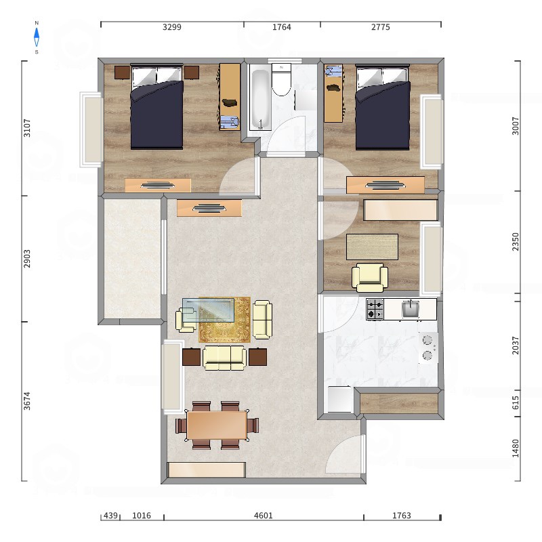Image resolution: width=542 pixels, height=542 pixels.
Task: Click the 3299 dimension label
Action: point(172,27)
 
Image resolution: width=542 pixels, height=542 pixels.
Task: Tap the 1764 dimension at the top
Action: point(282,27)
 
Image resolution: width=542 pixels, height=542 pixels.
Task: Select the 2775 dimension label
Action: point(381,27)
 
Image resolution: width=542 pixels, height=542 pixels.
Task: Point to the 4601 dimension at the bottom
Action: point(264,516)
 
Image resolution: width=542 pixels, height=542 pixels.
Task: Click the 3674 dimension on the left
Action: point(27,401)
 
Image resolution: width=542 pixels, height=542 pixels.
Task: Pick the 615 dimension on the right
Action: point(516,402)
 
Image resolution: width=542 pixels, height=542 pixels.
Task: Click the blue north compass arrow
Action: point(37,37)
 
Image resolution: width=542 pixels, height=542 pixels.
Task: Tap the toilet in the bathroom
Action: point(281,79)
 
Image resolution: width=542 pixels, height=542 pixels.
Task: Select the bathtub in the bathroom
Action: point(260,100)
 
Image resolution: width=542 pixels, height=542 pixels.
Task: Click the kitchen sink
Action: point(411,309)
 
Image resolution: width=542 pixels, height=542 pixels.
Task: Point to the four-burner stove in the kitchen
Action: point(375,309)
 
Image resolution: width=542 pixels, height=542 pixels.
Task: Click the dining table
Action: point(217,425)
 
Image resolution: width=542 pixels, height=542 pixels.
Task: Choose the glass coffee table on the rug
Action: point(208,310)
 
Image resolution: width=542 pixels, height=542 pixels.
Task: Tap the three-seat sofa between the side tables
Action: point(224,358)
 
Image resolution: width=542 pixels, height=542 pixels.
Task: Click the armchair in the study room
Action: point(369,277)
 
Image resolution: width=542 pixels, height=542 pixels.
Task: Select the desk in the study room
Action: point(372,247)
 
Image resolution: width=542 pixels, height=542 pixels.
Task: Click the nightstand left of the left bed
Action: point(122,72)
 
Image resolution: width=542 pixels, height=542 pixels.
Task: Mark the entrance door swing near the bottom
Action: point(346,454)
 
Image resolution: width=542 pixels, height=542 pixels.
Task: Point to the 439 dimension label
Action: point(110,516)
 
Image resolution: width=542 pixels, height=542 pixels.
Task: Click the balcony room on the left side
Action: point(132,259)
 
